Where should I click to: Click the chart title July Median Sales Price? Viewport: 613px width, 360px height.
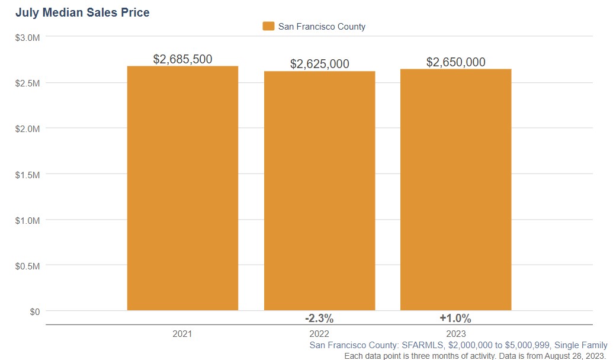82,12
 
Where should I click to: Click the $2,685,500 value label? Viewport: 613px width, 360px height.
182,59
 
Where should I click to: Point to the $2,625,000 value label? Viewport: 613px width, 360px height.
319,64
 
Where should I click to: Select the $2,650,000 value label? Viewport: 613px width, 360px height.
455,62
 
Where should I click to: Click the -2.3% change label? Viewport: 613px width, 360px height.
319,319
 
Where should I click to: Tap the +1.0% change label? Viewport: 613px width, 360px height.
455,319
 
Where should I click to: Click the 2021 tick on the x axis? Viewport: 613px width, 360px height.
182,334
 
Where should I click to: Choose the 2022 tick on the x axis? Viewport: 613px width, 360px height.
319,334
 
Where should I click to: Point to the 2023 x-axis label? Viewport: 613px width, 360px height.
455,334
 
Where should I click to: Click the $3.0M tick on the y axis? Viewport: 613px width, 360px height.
28,37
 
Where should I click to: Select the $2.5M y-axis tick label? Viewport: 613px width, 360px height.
28,83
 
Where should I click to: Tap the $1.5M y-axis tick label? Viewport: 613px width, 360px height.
28,174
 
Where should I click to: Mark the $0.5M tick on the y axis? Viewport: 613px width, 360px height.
28,266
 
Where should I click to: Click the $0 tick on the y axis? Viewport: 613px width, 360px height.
35,311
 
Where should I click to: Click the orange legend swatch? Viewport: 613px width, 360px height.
268,26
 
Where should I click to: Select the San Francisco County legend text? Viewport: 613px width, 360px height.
322,26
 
